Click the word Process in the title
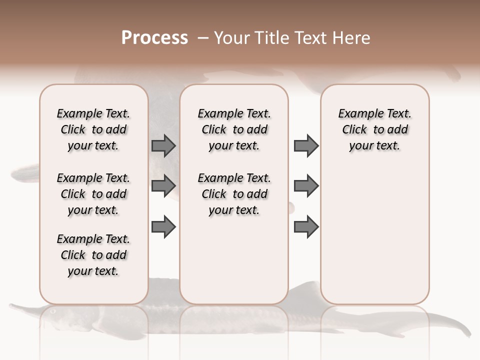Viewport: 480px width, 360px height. click(154, 38)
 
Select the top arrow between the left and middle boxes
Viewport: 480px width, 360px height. click(163, 145)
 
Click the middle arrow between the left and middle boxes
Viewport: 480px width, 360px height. click(163, 186)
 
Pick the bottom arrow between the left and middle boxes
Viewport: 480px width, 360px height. click(163, 226)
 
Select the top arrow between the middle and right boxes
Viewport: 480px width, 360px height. click(306, 145)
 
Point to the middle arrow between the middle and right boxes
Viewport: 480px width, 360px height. click(306, 186)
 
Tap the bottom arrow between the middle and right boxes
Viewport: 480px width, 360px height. click(306, 226)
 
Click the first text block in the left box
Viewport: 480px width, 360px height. click(93, 129)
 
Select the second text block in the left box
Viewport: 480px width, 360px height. click(93, 194)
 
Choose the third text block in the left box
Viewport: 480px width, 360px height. click(93, 255)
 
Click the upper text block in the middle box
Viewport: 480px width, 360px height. click(234, 129)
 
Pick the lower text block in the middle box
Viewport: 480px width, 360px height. click(234, 194)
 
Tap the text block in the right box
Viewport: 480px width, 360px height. click(374, 129)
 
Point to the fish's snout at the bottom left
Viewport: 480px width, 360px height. click(20, 306)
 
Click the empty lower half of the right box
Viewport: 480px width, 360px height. click(374, 240)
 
